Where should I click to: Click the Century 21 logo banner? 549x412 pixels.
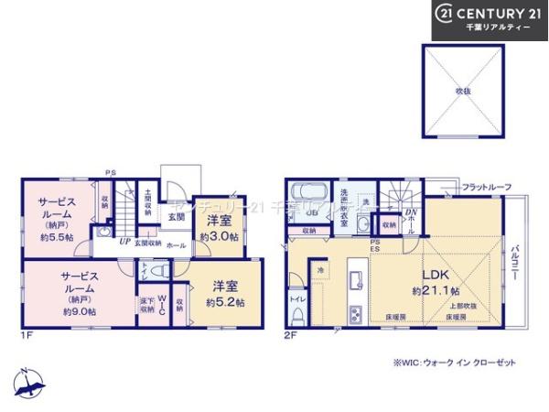pos(490,19)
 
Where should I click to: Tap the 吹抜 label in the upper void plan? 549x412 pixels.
pos(463,92)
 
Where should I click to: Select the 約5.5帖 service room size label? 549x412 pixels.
pos(56,237)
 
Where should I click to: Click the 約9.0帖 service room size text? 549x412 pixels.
pos(80,311)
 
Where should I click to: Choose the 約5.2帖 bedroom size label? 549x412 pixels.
pos(223,302)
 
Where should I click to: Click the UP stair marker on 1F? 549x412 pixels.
pos(124,243)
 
